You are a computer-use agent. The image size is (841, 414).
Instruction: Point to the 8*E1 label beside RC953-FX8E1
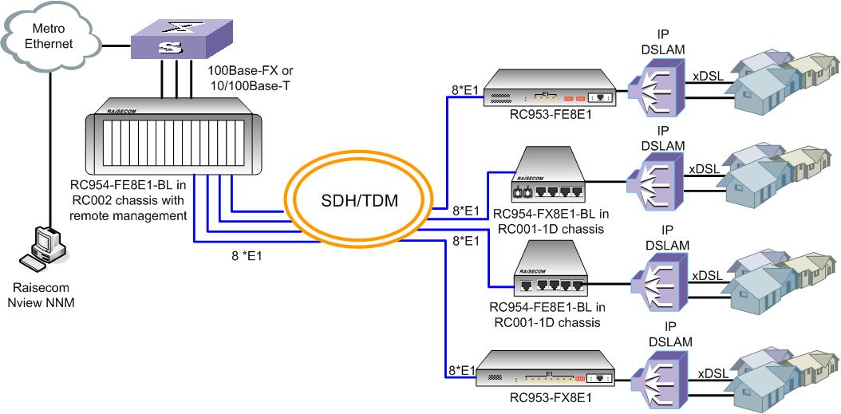click(462, 369)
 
